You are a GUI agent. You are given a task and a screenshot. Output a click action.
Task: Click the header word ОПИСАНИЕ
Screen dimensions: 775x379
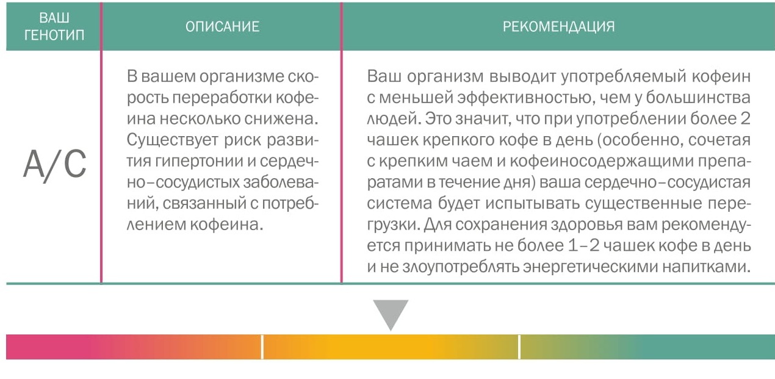(222, 27)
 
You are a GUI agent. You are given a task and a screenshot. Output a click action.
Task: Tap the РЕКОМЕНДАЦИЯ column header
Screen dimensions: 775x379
(558, 27)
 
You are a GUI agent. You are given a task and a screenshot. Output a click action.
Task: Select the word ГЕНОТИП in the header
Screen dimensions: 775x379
(54, 35)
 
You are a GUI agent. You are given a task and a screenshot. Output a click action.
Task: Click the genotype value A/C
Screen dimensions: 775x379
(55, 165)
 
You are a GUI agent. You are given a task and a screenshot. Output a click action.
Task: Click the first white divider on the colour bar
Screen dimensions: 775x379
(262, 347)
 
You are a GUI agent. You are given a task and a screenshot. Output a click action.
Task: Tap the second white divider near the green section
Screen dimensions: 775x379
(519, 347)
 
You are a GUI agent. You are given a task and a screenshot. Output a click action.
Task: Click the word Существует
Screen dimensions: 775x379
(172, 140)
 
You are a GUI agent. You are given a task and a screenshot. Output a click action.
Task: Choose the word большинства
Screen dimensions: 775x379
(698, 98)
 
